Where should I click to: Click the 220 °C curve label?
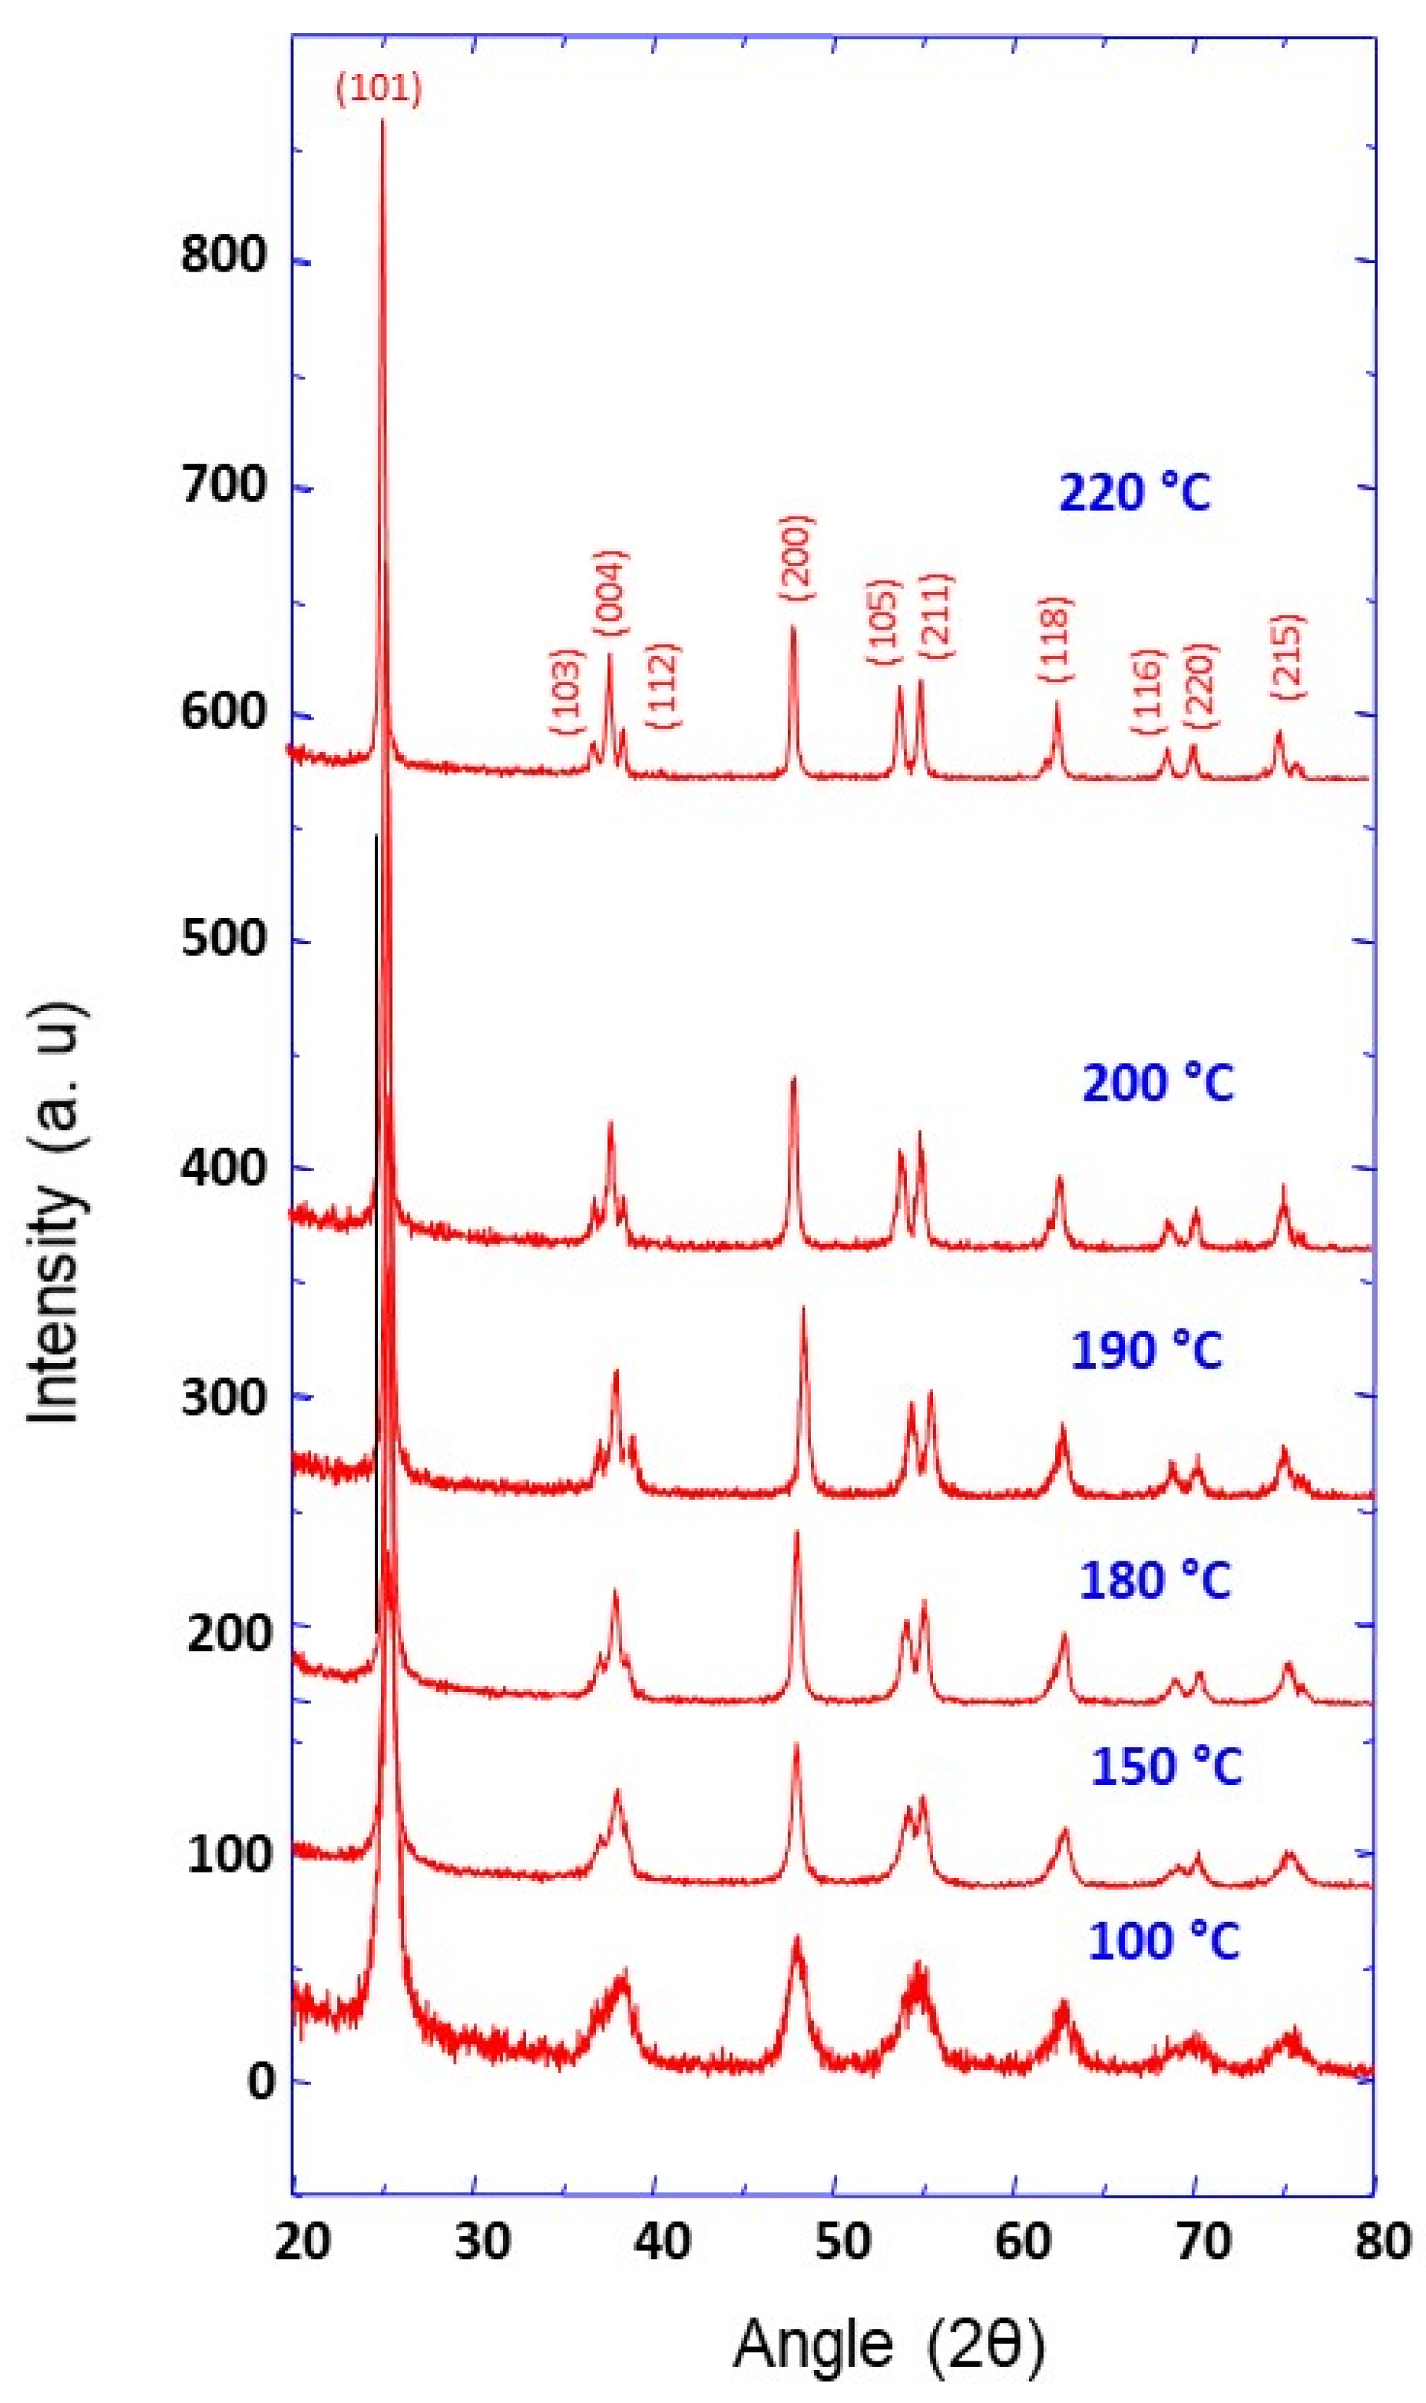(1134, 493)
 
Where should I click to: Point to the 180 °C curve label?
(1155, 1580)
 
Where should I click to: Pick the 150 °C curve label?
(1166, 1766)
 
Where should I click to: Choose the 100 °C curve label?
(1164, 1941)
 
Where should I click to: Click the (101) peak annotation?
(379, 90)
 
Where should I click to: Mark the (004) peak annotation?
(611, 593)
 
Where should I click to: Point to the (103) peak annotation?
(567, 692)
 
